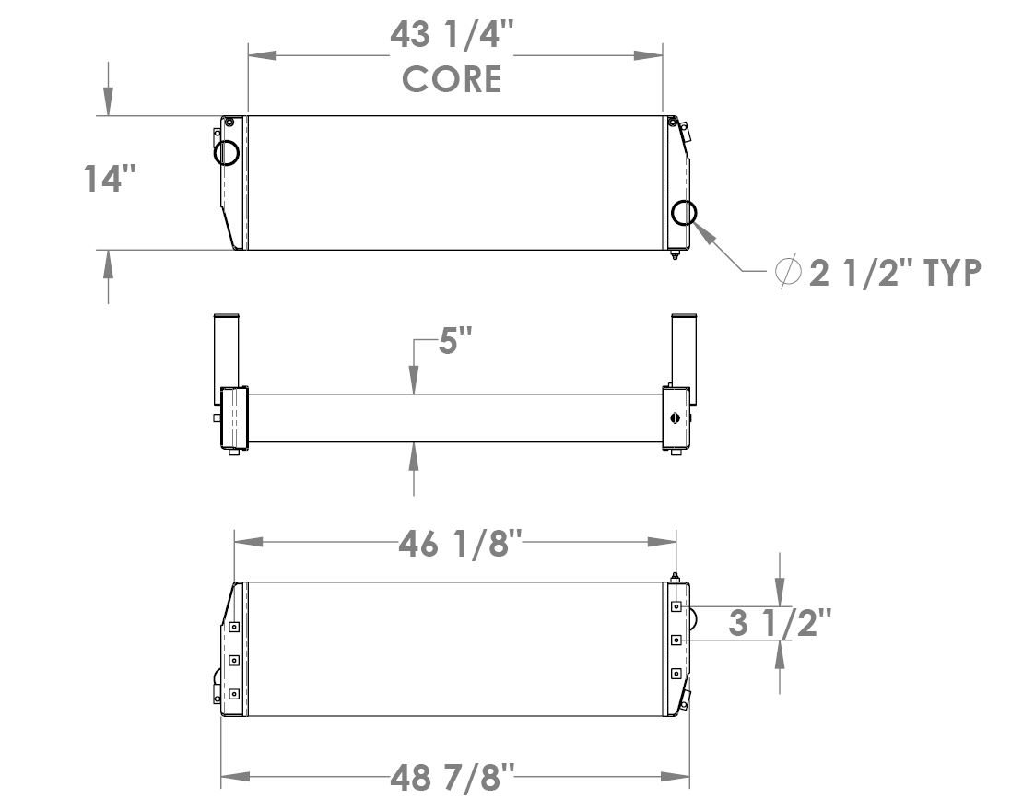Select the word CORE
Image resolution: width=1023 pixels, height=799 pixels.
pos(452,79)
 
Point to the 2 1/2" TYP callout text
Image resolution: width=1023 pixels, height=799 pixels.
pos(893,273)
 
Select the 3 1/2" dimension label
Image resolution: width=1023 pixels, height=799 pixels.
pos(780,623)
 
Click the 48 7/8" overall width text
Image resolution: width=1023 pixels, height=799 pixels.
pos(451,777)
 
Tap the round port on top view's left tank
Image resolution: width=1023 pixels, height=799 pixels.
pos(227,151)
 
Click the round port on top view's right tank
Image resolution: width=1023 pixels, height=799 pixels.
pos(684,213)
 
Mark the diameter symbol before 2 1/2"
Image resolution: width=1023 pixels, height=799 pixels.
pos(788,273)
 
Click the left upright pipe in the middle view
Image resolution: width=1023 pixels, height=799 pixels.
pos(227,350)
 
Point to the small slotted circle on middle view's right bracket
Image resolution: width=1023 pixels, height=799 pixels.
pos(677,417)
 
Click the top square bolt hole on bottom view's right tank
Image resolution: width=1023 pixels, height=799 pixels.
pos(676,606)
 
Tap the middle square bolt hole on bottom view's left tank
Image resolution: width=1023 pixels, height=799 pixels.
pos(234,660)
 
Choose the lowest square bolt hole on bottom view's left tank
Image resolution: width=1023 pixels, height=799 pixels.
pos(234,694)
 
